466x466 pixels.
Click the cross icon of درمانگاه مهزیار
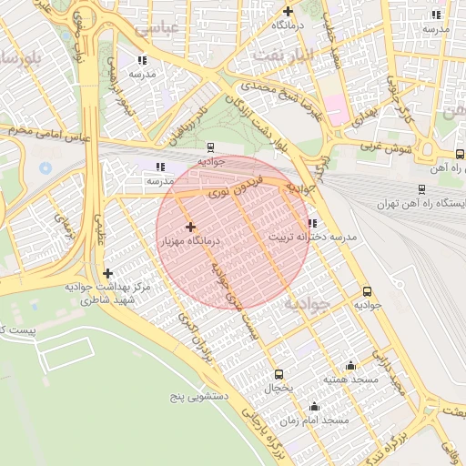[190, 227]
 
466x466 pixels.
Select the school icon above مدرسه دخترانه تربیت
[312, 223]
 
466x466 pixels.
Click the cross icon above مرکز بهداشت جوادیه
[108, 273]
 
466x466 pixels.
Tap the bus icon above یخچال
[279, 374]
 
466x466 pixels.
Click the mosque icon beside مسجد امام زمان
[315, 406]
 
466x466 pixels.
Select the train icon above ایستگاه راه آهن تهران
[420, 189]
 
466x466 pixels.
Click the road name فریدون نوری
[235, 186]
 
